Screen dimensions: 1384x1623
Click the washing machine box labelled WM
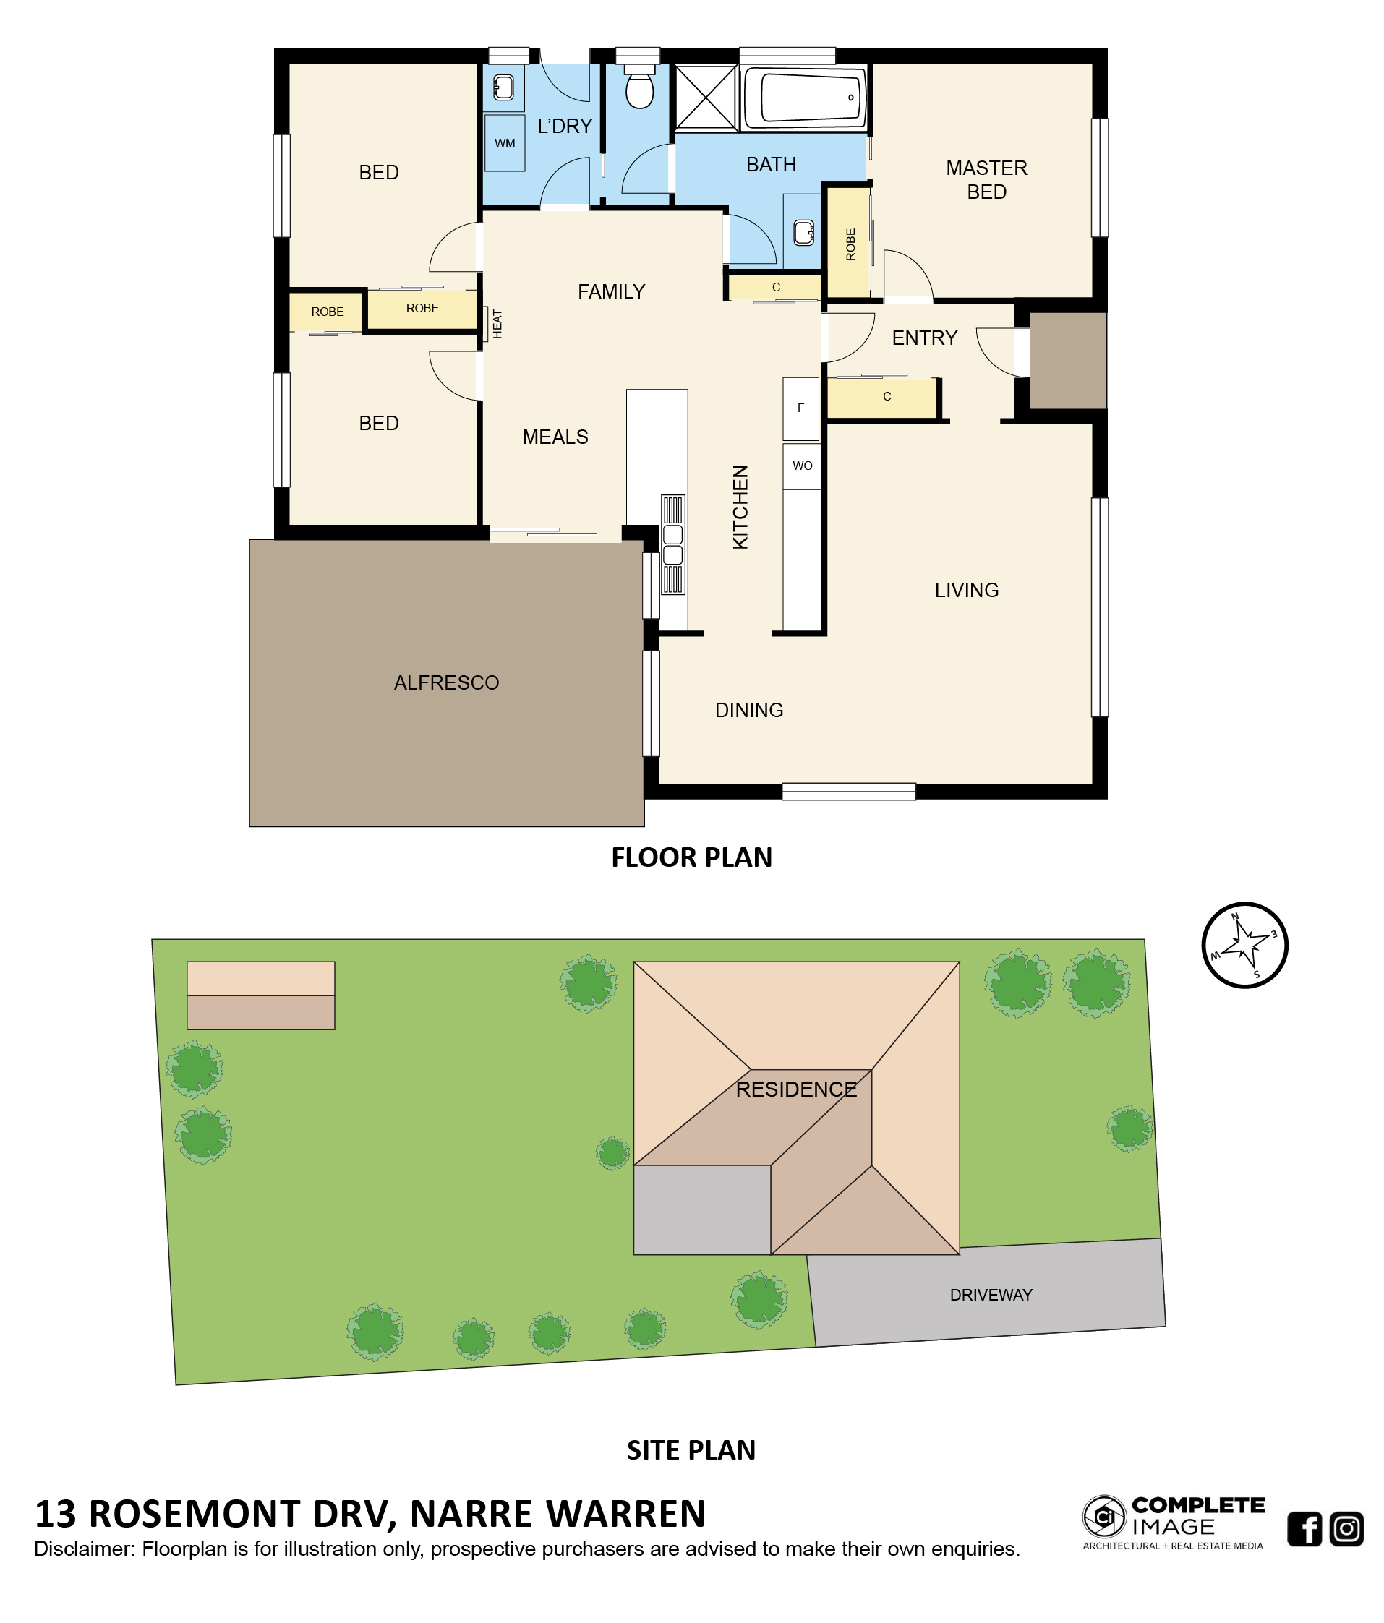(505, 142)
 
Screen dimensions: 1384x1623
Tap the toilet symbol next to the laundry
(639, 85)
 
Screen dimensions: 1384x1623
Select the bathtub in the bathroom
(803, 98)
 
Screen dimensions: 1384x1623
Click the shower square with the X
(706, 97)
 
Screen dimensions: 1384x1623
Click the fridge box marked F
(800, 408)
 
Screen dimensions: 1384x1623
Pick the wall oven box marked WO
(802, 466)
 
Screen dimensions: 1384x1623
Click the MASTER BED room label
(986, 179)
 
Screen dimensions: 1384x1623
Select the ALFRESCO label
(446, 683)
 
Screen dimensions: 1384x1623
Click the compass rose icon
(1244, 945)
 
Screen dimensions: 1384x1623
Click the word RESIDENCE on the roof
(796, 1089)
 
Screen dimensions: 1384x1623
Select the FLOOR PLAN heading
(691, 857)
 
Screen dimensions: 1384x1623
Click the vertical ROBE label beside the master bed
(850, 244)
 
